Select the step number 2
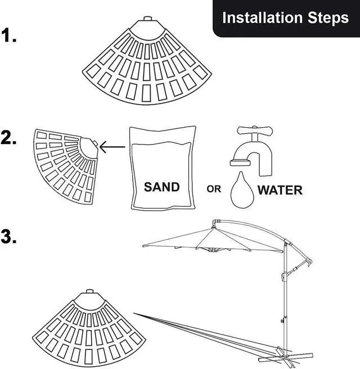click(x=10, y=138)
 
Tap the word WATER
click(x=280, y=190)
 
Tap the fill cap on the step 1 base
click(x=147, y=18)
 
